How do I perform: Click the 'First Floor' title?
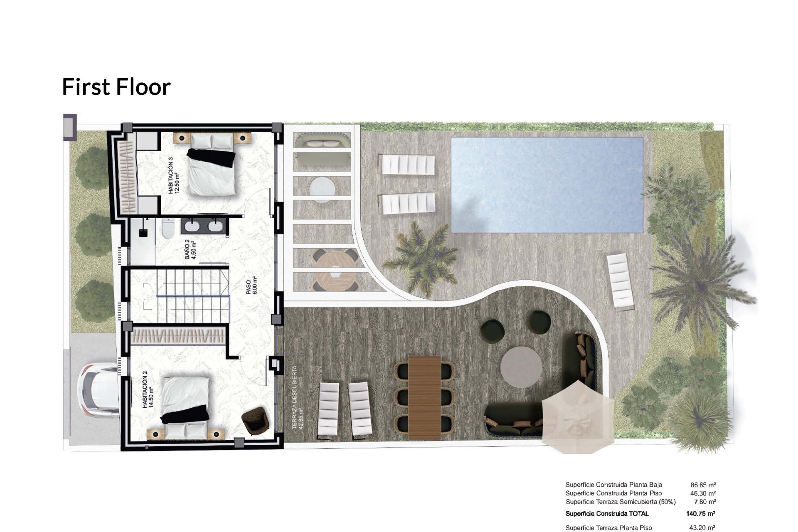point(116,87)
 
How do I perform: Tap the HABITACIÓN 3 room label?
point(173,176)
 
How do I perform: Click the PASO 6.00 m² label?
point(251,286)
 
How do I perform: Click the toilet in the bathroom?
point(168,229)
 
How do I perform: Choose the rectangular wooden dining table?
point(424,397)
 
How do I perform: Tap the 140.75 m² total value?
point(700,514)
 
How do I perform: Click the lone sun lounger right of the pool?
point(621,282)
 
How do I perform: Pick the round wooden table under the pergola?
point(334,270)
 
